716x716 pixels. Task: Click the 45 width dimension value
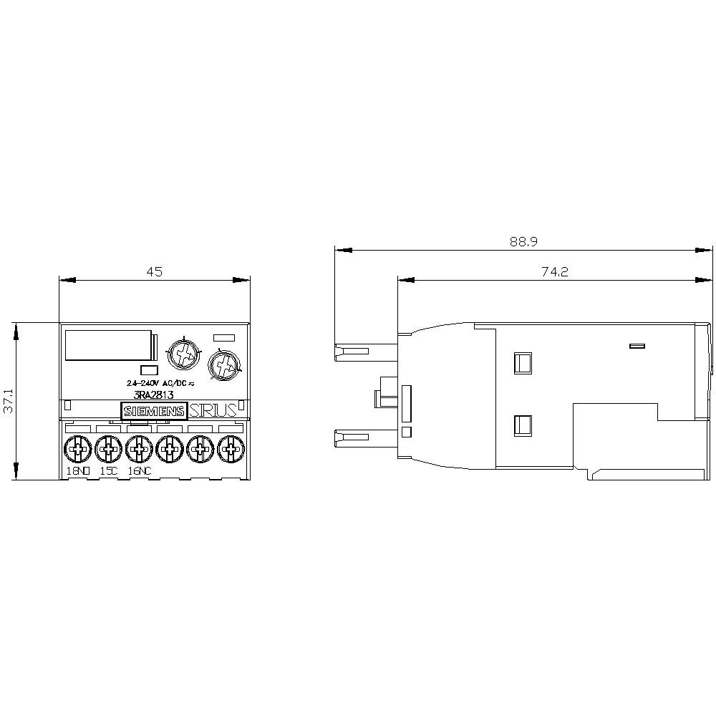click(155, 271)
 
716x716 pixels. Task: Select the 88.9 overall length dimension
click(523, 242)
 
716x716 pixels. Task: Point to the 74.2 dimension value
click(554, 271)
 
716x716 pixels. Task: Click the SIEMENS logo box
click(153, 411)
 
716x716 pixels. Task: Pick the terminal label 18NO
click(79, 471)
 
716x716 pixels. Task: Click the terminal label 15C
click(109, 471)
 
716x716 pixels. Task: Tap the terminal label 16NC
click(139, 471)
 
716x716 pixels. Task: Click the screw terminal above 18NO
click(77, 450)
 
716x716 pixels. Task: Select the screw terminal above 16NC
click(137, 450)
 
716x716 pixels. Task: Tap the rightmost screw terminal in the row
click(230, 450)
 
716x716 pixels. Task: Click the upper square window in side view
click(523, 363)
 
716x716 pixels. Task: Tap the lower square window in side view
click(523, 427)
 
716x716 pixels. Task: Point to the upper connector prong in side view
click(352, 352)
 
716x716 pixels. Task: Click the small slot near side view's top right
click(637, 347)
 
